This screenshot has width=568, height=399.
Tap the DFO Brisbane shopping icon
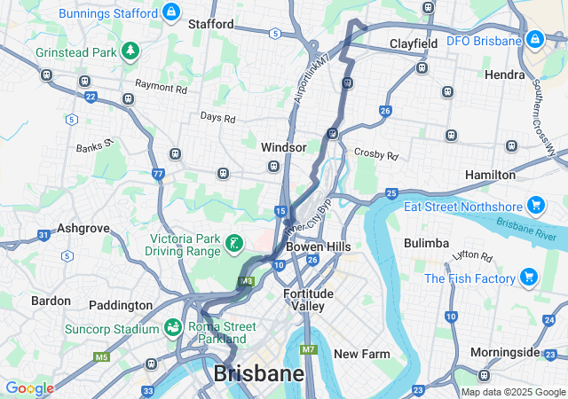[x=534, y=41]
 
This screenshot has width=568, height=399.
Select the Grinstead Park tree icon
[x=130, y=51]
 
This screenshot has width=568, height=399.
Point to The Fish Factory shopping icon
[x=529, y=278]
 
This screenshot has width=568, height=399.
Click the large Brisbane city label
[x=257, y=373]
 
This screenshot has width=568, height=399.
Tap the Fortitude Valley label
[x=308, y=300]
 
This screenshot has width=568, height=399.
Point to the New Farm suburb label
[x=361, y=354]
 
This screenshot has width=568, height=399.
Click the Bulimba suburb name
[x=426, y=242]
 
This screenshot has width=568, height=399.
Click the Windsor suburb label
[x=284, y=146]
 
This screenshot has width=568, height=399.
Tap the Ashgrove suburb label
[x=83, y=228]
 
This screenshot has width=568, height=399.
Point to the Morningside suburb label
[x=504, y=352]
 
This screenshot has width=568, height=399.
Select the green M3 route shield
[x=246, y=282]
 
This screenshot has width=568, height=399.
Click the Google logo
[x=29, y=388]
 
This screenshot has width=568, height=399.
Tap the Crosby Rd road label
[x=376, y=154]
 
